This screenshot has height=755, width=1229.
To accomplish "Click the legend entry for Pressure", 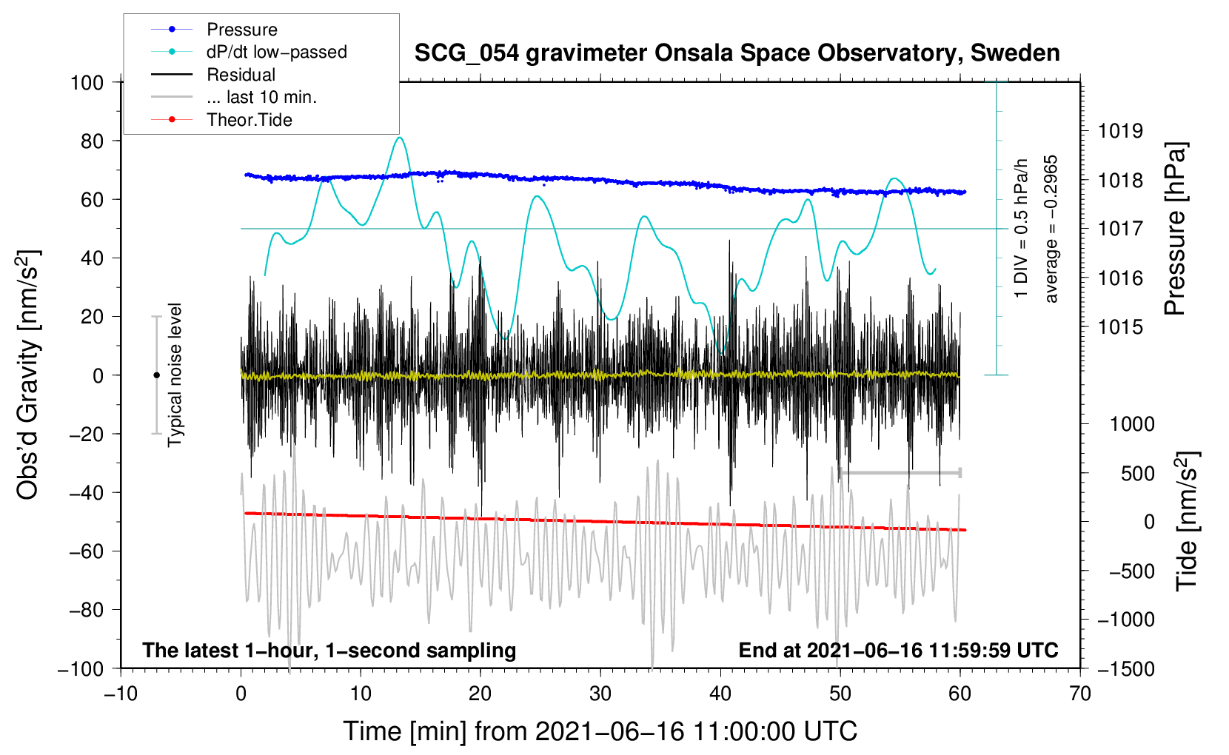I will pos(241,30).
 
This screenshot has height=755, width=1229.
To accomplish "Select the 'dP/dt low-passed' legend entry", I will pos(276,52).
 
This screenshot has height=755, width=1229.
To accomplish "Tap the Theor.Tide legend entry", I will pos(249,120).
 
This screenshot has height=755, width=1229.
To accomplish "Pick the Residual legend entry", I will pos(241,75).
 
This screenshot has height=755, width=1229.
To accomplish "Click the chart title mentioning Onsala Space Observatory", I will pos(737,53).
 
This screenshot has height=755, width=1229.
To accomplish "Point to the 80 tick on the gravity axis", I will pos(87,141).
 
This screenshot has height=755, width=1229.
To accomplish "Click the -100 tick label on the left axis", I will pos(81,668).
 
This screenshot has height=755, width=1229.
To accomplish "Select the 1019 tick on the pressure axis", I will pos(1119,131).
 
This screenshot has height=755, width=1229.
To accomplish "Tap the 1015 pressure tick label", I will pos(1119,327).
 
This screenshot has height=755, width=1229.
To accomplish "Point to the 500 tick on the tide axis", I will pos(1137,473).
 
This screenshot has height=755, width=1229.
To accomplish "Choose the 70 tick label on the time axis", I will pos(1080,694).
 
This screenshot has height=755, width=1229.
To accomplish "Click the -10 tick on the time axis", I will pos(121,694).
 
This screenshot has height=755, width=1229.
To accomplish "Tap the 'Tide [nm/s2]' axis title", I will pos(1187,521).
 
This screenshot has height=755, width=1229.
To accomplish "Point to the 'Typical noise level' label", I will pos(175,375).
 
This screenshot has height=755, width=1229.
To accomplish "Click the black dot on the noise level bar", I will pos(156,375).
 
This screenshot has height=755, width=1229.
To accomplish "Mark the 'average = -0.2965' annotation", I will pos(1051,229).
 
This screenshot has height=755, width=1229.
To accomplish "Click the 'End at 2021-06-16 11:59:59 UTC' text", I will pos(898,650).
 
